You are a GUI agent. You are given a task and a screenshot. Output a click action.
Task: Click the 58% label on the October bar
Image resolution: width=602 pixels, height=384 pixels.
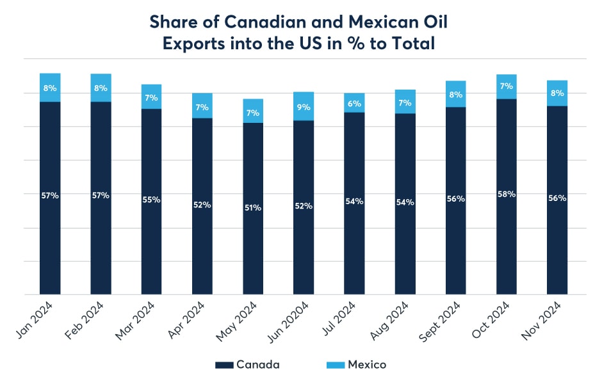pos(506,193)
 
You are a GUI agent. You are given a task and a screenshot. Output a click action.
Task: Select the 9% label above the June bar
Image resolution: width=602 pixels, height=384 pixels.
pos(304,107)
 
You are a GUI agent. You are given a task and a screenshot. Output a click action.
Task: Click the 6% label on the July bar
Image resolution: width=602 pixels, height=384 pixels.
pos(354,103)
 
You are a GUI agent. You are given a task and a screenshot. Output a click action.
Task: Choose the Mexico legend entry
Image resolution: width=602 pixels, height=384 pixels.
pos(358,365)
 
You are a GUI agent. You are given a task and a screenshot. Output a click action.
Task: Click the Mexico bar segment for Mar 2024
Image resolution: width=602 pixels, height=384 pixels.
pos(151,97)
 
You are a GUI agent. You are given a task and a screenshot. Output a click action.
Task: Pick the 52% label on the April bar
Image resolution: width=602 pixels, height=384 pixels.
pos(202,205)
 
